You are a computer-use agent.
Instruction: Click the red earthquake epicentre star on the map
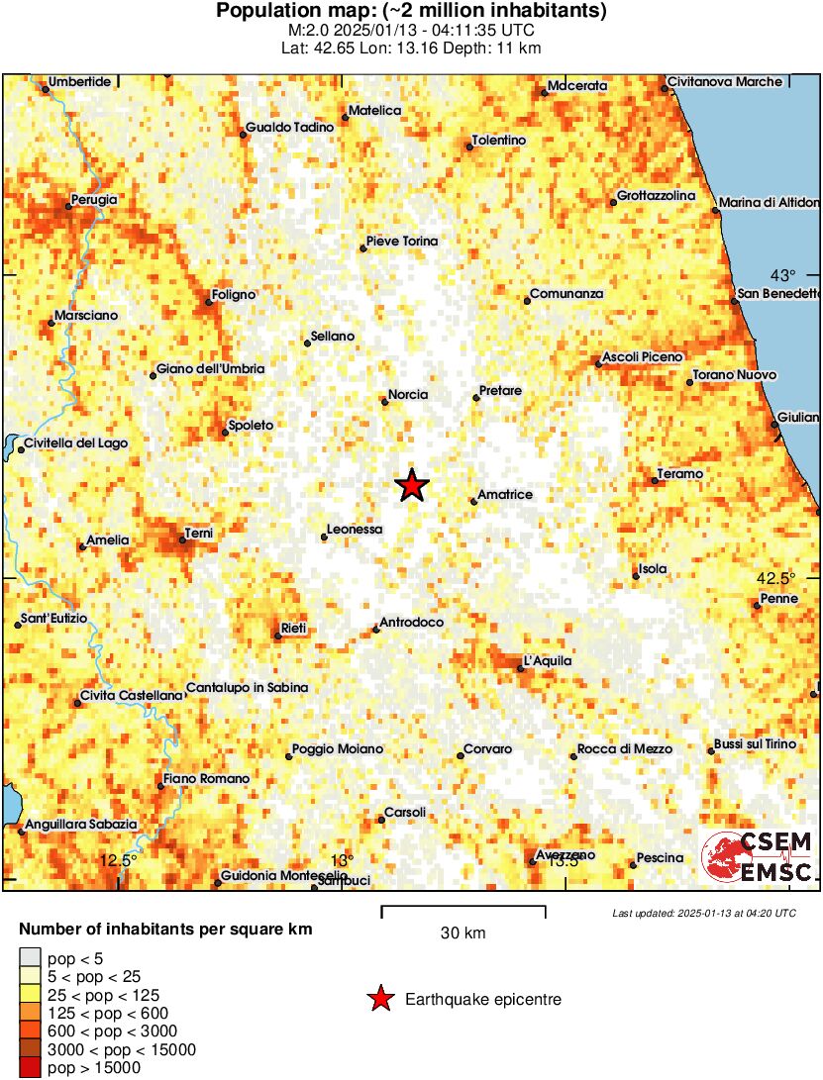click(x=412, y=485)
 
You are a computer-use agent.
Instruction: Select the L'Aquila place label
click(x=547, y=661)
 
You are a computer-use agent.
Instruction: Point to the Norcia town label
click(x=408, y=395)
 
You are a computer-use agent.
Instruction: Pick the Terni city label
click(x=198, y=534)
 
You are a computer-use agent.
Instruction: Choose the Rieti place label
click(x=294, y=629)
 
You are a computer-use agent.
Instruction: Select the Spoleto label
click(x=251, y=426)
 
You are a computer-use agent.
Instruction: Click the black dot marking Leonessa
click(x=324, y=538)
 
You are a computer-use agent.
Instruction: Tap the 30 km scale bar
click(x=463, y=907)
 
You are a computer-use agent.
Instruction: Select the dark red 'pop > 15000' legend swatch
click(x=31, y=1068)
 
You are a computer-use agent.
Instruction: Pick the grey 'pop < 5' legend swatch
click(x=31, y=957)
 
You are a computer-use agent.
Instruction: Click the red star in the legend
click(x=379, y=1000)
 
